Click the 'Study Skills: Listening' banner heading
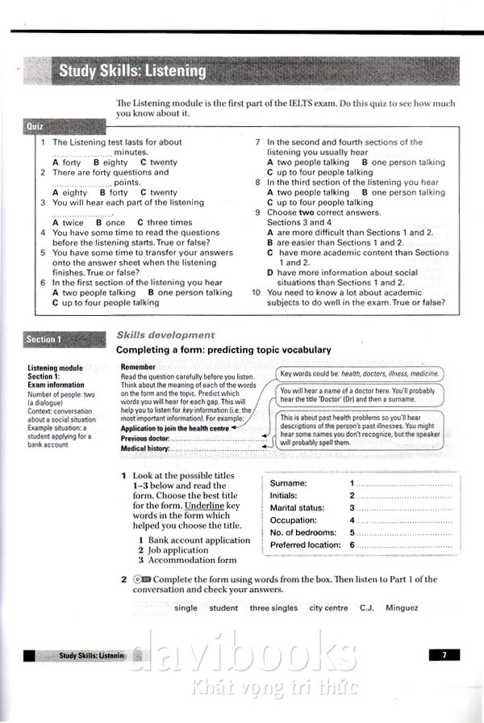coord(132,71)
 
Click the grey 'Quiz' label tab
coord(36,127)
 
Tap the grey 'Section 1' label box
coord(44,339)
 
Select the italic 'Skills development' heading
coord(165,334)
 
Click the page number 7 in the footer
coord(444,655)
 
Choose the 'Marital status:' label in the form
coord(300,508)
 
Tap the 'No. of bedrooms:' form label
coord(303,532)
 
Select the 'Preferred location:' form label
coord(305,545)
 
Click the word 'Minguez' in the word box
coord(402,608)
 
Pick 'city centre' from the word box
coord(328,608)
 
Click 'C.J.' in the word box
coord(366,608)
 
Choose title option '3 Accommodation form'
coord(187,560)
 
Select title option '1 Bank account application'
coord(194,540)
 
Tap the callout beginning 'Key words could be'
coord(360,374)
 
